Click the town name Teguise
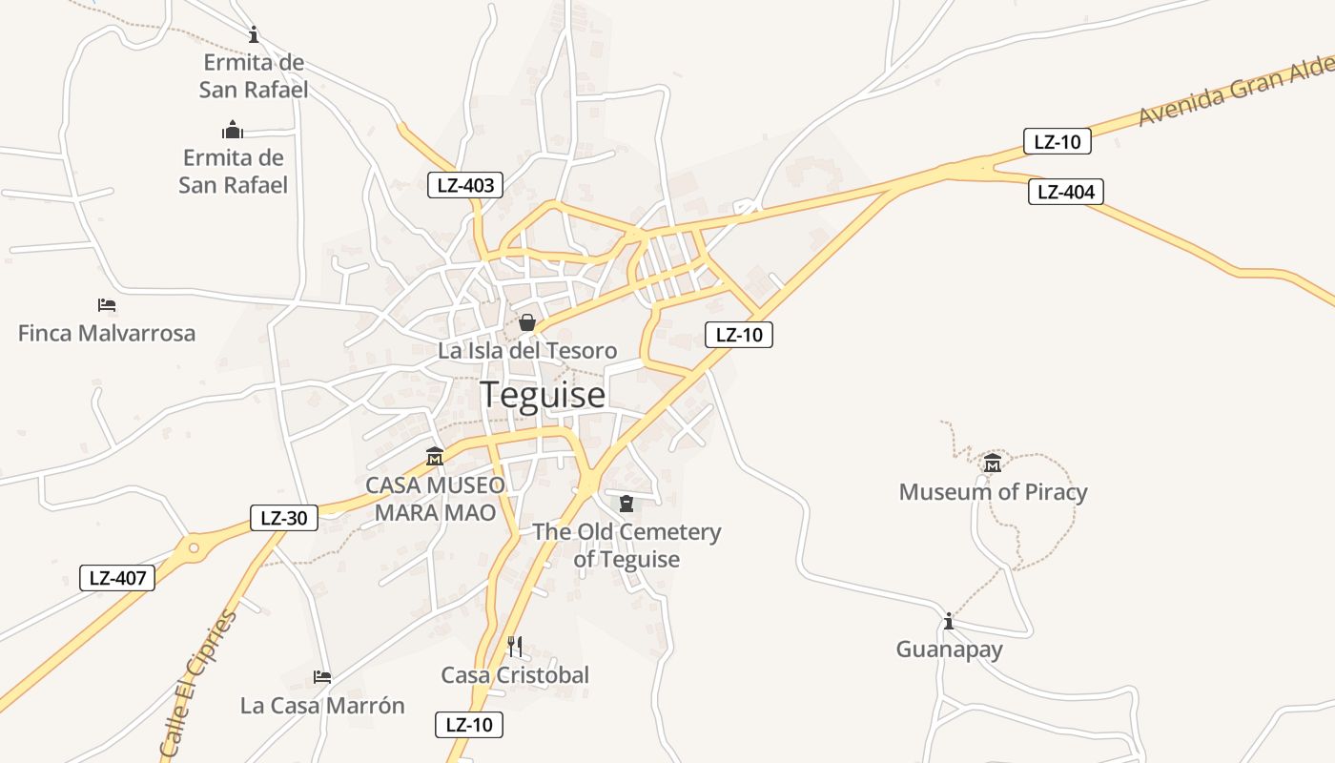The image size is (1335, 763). pos(542,394)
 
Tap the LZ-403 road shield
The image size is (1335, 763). pos(465,185)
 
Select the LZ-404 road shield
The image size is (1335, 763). pos(1065,192)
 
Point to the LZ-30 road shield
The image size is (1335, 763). pos(283,518)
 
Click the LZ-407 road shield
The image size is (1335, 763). pos(116,577)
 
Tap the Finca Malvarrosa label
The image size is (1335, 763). pos(107,333)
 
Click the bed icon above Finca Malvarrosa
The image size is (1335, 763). pos(107,305)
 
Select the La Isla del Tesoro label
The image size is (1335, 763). pos(527,350)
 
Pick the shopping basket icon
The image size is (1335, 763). pos(526,323)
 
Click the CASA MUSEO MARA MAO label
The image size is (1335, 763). pos(435,499)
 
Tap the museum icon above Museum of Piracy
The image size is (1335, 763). pos(993,464)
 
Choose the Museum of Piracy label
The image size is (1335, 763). pos(993,492)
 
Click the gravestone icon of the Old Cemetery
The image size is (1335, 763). pos(626,504)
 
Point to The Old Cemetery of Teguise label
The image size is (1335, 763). pos(626,546)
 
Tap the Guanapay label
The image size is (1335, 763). pos(949,650)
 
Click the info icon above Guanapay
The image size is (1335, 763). pos(948,622)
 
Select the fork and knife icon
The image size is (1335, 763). pos(515,647)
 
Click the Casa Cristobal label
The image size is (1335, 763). pos(515,675)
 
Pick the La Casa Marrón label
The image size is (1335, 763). pos(322,706)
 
